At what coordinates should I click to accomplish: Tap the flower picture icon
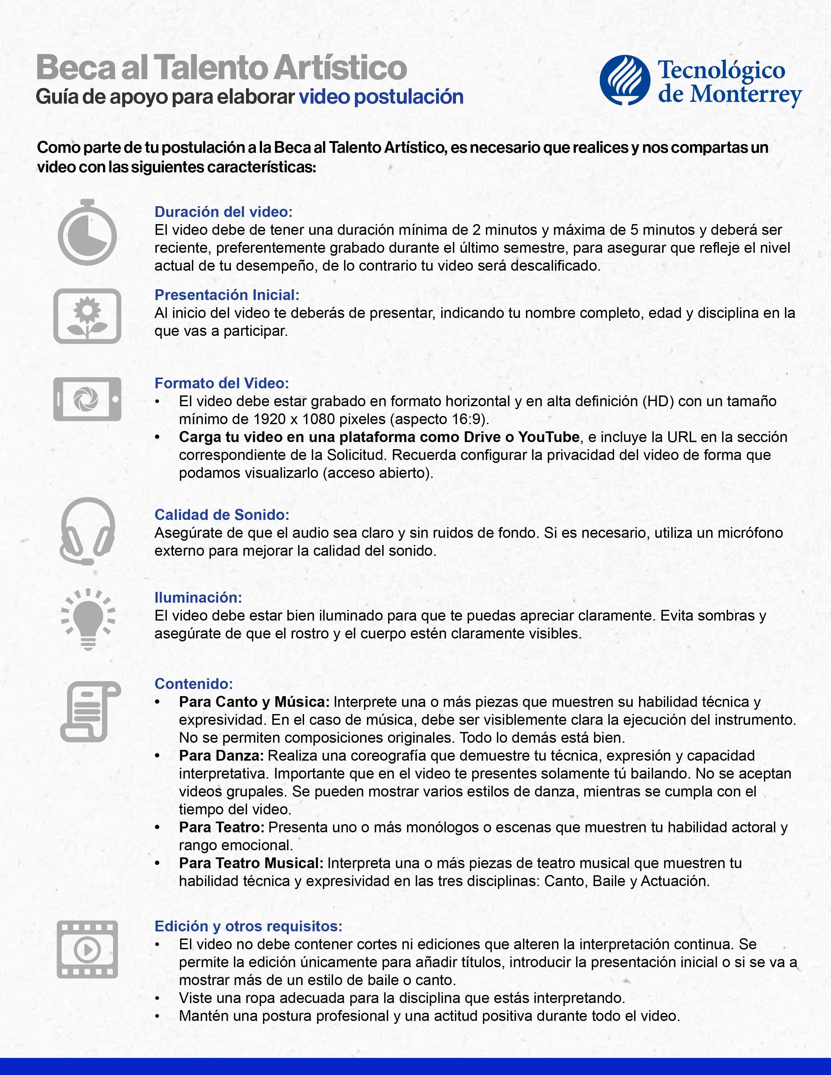click(87, 316)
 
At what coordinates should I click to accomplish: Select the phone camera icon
click(87, 399)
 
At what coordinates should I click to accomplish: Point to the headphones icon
click(87, 531)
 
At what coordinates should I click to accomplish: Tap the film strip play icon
click(87, 949)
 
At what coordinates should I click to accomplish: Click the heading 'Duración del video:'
click(224, 212)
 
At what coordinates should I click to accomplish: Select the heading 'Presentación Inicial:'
click(227, 295)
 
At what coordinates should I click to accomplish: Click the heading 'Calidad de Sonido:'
click(222, 515)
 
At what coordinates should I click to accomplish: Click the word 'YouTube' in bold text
click(548, 437)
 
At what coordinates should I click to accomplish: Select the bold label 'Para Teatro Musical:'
click(251, 863)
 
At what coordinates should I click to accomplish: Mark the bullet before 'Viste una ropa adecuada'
click(157, 998)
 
